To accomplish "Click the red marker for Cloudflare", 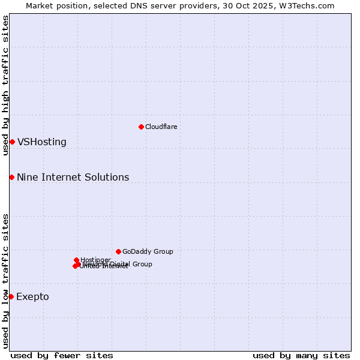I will click(x=141, y=127).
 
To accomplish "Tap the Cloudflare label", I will click(x=161, y=127).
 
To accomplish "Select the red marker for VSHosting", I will click(x=12, y=142).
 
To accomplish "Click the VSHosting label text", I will click(x=41, y=142).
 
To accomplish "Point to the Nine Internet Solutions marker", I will click(x=11, y=177).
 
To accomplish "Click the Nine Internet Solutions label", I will click(x=73, y=177).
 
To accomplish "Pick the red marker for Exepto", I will click(x=11, y=296).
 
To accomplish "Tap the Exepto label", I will click(x=32, y=297).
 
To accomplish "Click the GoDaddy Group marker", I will click(x=118, y=251).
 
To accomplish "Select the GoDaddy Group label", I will click(x=148, y=251).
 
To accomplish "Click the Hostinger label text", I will click(x=95, y=260).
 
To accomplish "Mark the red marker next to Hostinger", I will click(x=76, y=260).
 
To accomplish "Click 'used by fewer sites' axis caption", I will click(x=62, y=355).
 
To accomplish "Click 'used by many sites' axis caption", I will click(x=301, y=355).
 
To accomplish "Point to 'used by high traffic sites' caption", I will click(x=5, y=85).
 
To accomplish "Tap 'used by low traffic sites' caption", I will click(x=5, y=281).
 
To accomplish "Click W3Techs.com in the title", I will click(x=313, y=5).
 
